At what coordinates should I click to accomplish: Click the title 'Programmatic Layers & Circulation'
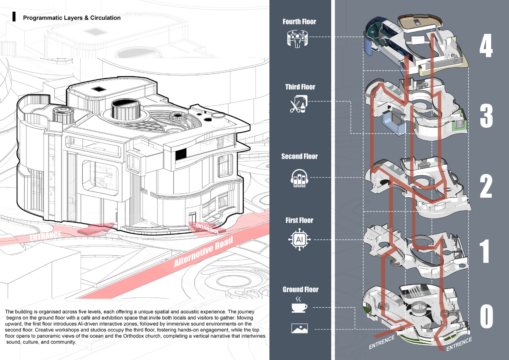pyautogui.click(x=72, y=18)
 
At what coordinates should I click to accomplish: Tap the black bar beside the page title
pyautogui.click(x=14, y=17)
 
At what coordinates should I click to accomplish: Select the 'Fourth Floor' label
pyautogui.click(x=299, y=22)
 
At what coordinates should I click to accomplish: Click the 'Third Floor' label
pyautogui.click(x=300, y=87)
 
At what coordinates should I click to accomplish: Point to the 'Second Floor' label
pyautogui.click(x=299, y=156)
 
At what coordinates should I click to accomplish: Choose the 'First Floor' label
pyautogui.click(x=299, y=220)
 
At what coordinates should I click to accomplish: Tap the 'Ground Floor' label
pyautogui.click(x=300, y=289)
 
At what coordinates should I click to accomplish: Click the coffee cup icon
pyautogui.click(x=299, y=305)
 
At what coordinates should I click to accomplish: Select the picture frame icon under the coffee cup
pyautogui.click(x=299, y=329)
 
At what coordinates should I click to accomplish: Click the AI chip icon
pyautogui.click(x=299, y=239)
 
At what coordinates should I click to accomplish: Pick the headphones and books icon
pyautogui.click(x=299, y=178)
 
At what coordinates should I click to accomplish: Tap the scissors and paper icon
pyautogui.click(x=299, y=104)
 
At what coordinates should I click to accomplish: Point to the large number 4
pyautogui.click(x=486, y=46)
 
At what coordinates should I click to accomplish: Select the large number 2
pyautogui.click(x=486, y=187)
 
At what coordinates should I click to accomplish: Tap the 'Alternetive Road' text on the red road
pyautogui.click(x=204, y=251)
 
